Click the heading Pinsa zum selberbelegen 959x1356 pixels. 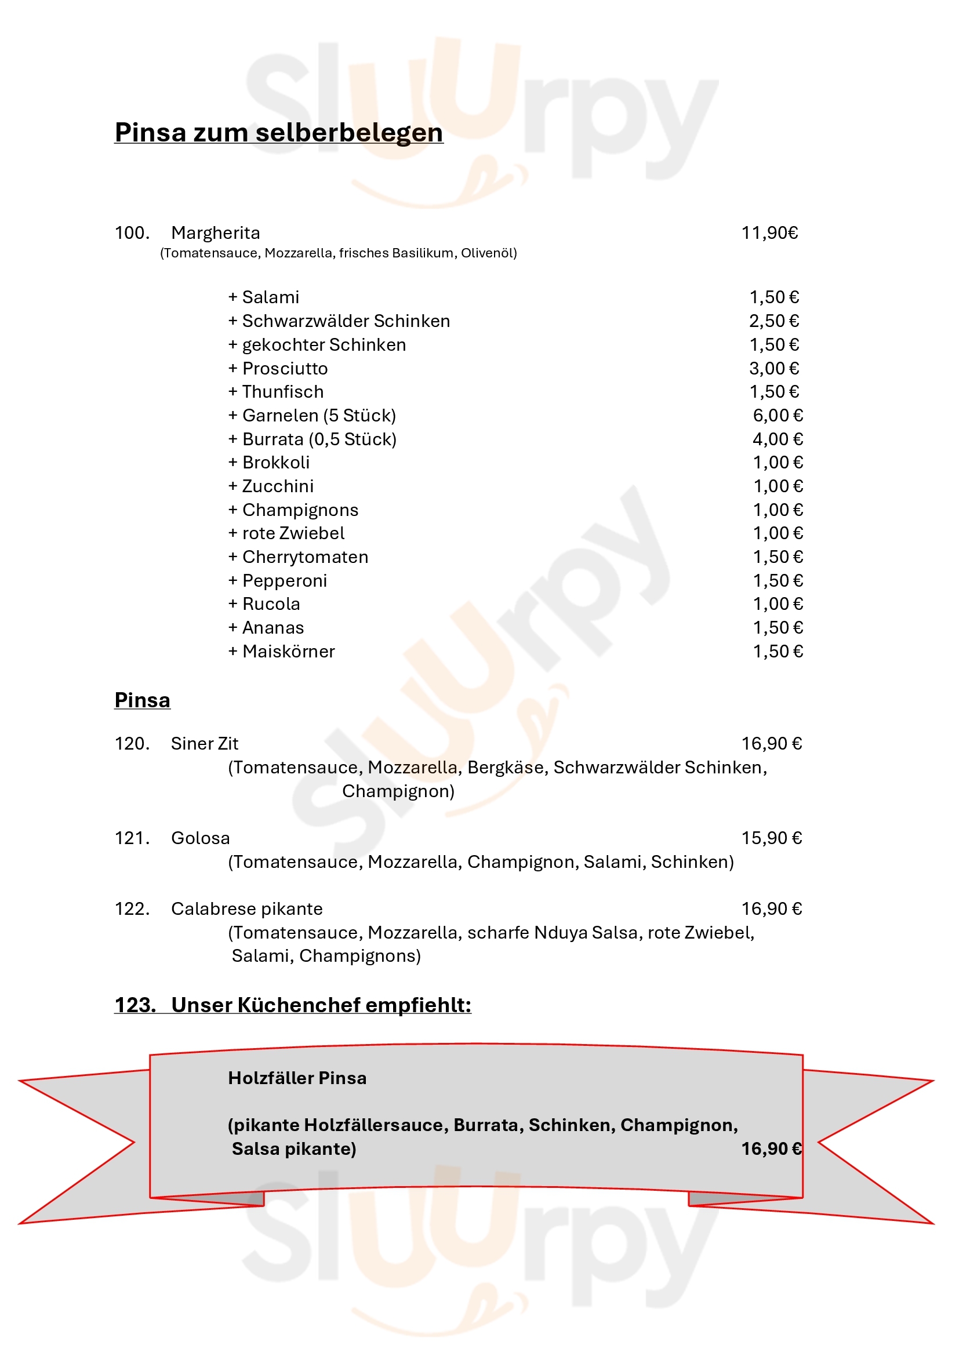pos(279,132)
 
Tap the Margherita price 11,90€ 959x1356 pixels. pos(769,233)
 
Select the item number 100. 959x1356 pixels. pos(132,233)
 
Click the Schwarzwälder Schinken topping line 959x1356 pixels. pos(340,321)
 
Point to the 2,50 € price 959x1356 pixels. pos(773,321)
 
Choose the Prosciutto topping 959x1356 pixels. pos(278,369)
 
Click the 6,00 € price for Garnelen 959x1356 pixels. pos(777,416)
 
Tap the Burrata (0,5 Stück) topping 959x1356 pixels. pos(313,439)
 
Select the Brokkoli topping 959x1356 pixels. pos(269,463)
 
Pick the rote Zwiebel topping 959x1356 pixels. pos(286,533)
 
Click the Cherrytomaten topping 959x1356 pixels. pos(298,557)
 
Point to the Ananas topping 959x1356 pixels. pos(266,628)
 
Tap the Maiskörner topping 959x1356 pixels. pos(282,652)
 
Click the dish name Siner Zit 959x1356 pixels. pos(204,744)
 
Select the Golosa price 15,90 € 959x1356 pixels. pos(771,838)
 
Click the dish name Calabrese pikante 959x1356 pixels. pos(247,909)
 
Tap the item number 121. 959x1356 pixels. pos(132,838)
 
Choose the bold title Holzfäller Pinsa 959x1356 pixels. pos(297,1078)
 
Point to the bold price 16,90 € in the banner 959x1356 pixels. pos(771,1148)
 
